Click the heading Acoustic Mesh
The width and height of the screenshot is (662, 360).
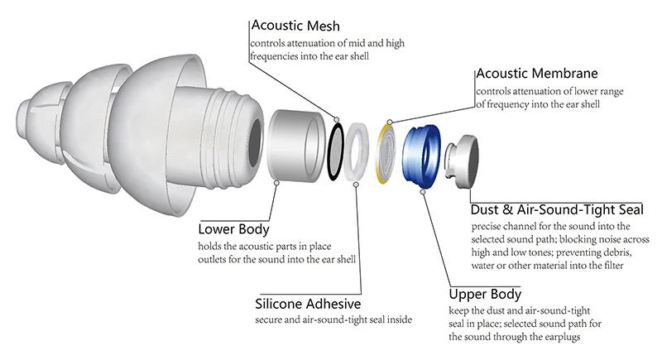point(295,26)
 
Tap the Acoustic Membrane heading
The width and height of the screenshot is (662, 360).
point(537,74)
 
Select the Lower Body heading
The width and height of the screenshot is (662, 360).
point(233,229)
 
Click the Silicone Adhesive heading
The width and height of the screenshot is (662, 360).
point(308,304)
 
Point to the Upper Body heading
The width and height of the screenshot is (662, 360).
point(485,294)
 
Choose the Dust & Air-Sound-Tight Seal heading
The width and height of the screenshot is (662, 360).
point(557,209)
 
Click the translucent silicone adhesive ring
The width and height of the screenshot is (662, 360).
point(356,152)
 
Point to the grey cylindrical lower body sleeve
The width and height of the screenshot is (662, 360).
point(295,146)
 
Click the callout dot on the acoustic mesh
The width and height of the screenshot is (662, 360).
point(337,120)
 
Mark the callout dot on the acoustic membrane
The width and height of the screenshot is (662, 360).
point(390,122)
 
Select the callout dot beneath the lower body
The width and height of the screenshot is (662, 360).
point(276,183)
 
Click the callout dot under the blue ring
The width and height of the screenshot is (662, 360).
point(423,192)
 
